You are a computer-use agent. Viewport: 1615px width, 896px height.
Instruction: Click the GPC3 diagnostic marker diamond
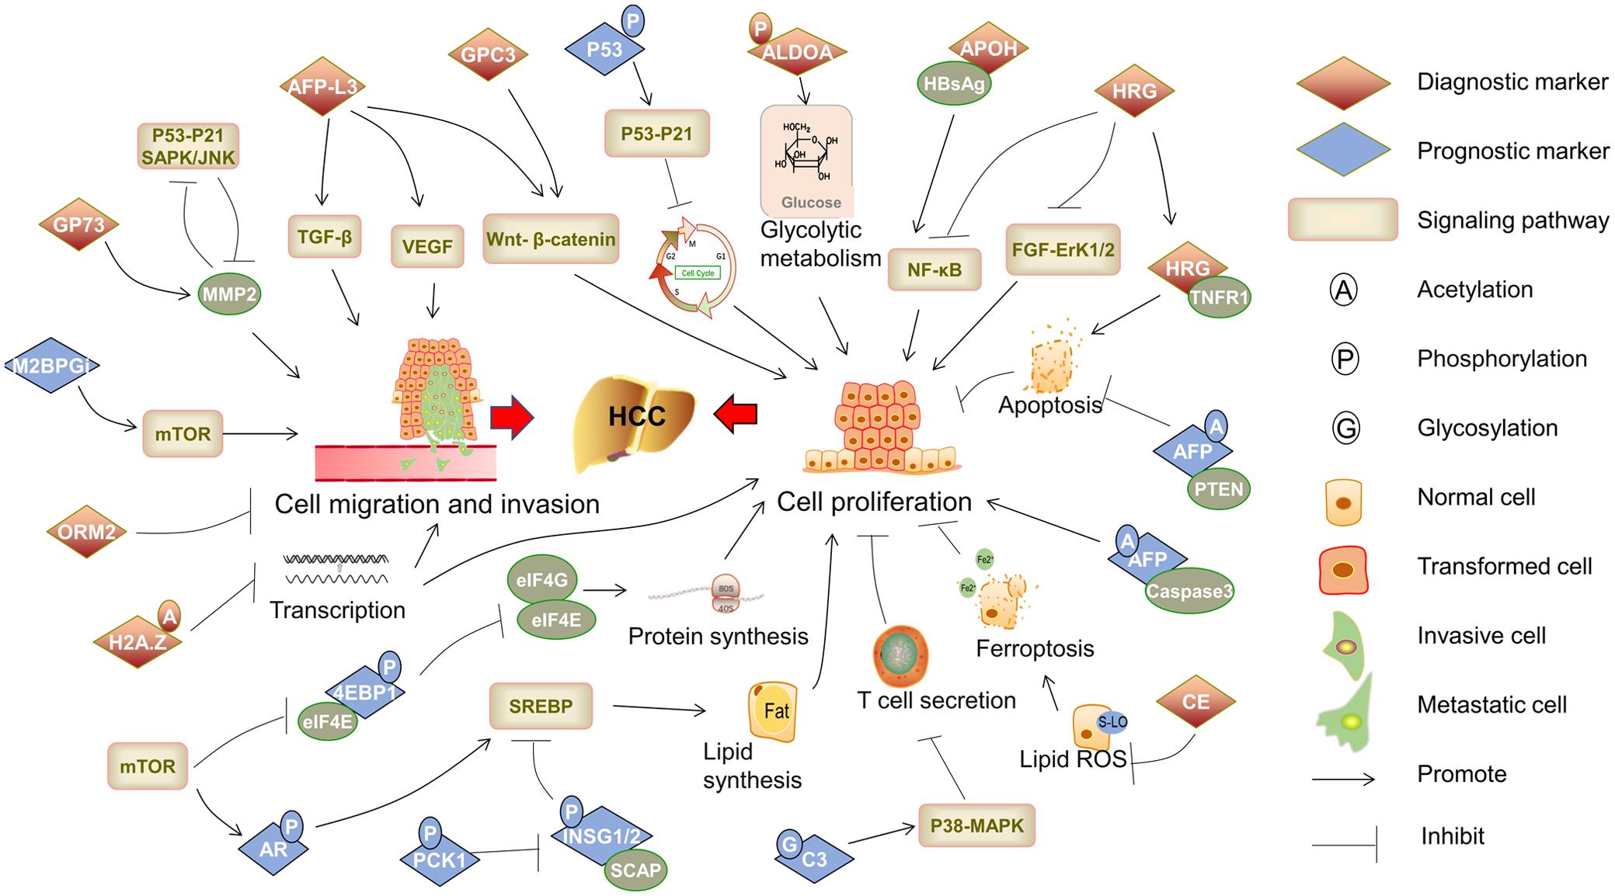(x=488, y=54)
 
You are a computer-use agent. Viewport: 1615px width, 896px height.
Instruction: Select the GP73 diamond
(x=79, y=224)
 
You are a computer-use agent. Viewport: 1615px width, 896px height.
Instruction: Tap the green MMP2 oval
(x=229, y=293)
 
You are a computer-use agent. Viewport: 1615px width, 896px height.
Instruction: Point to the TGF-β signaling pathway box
(x=325, y=237)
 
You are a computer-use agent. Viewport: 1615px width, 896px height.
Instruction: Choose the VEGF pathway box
(x=427, y=247)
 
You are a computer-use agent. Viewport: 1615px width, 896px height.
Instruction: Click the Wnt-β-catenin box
(x=551, y=239)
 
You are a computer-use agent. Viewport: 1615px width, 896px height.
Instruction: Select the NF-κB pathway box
(x=934, y=269)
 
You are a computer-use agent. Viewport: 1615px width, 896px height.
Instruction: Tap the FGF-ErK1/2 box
(x=1063, y=249)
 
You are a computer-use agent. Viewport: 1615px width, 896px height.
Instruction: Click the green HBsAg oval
(x=955, y=84)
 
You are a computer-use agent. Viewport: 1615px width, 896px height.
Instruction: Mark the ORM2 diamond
(x=86, y=532)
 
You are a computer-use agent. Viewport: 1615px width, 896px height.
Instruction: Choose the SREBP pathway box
(x=541, y=706)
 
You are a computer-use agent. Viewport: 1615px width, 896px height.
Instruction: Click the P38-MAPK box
(x=976, y=826)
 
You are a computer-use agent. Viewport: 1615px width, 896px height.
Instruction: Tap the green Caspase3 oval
(x=1189, y=591)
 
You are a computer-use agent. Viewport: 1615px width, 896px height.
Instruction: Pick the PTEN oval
(x=1219, y=489)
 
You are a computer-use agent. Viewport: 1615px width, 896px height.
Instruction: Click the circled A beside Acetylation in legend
(x=1344, y=290)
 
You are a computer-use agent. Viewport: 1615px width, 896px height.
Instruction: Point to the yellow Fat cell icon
(x=773, y=710)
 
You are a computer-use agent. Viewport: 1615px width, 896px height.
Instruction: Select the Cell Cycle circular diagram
(x=695, y=272)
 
